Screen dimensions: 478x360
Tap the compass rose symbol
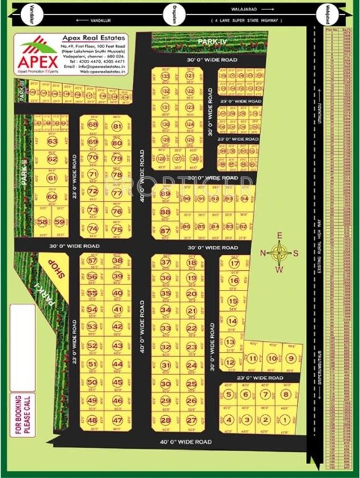tap(279, 252)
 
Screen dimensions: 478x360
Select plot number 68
tap(93, 124)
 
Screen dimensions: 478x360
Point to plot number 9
tap(290, 358)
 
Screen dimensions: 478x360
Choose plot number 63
tap(52, 142)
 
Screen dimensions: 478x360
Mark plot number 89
tap(165, 194)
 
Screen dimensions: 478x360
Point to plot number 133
tap(165, 76)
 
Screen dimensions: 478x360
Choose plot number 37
tap(165, 263)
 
